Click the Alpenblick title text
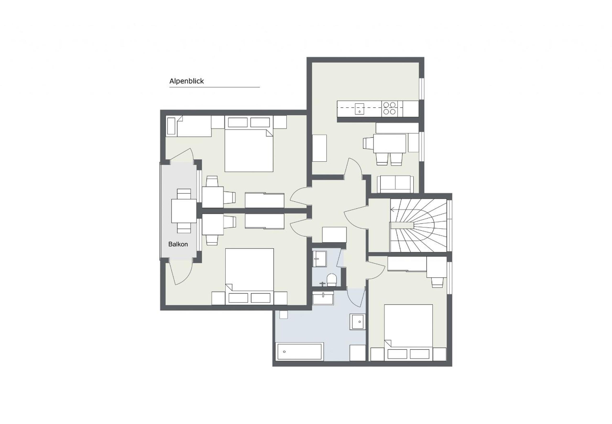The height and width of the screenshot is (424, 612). pyautogui.click(x=186, y=81)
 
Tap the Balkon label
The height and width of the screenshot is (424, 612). pyautogui.click(x=178, y=244)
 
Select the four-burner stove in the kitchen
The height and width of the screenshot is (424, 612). pyautogui.click(x=389, y=108)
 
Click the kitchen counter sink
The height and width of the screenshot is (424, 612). pyautogui.click(x=359, y=109)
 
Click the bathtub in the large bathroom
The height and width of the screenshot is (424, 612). pyautogui.click(x=300, y=351)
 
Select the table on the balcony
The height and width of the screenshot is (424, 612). pyautogui.click(x=184, y=211)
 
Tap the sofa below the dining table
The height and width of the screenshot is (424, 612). pyautogui.click(x=395, y=184)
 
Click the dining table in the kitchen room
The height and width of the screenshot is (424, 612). pyautogui.click(x=390, y=143)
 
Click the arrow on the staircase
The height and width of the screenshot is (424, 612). pyautogui.click(x=393, y=210)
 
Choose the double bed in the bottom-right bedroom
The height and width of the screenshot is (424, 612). pyautogui.click(x=409, y=332)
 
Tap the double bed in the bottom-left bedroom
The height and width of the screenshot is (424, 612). pyautogui.click(x=249, y=277)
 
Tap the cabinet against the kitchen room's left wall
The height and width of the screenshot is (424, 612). pyautogui.click(x=319, y=148)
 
